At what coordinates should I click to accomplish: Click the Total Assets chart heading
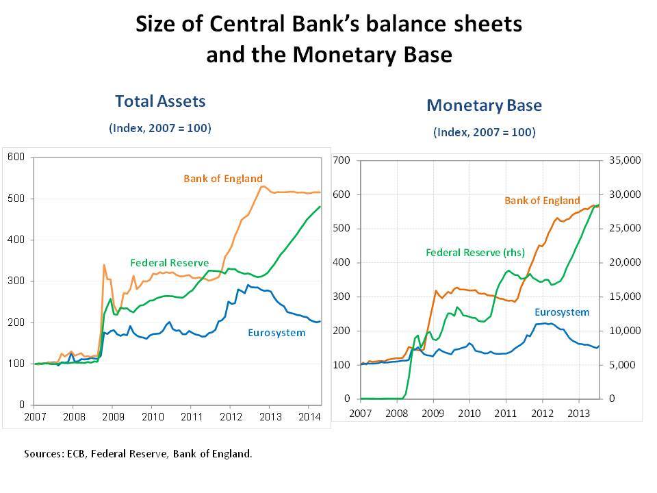point(160,101)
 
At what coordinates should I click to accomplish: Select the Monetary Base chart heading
point(484,105)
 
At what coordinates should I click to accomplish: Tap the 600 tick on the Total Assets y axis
point(16,157)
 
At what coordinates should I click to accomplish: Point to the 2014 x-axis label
point(309,416)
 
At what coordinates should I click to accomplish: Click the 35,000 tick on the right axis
point(625,160)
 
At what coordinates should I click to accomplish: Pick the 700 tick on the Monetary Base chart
point(341,160)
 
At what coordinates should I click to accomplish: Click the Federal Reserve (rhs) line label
point(475,253)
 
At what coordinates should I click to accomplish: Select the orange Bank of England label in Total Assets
point(223,179)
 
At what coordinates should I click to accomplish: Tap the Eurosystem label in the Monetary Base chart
point(562,312)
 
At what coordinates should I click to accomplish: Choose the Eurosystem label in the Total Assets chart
point(276,333)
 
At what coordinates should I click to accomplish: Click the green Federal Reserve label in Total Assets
point(169,263)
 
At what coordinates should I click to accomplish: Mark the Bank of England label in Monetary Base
point(542,201)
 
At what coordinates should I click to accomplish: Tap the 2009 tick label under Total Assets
point(113,416)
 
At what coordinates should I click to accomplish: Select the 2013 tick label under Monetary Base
point(579,414)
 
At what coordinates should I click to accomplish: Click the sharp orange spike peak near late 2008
point(104,264)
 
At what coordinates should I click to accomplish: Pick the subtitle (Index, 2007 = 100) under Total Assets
point(160,128)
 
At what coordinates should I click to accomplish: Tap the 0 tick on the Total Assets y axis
point(22,405)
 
